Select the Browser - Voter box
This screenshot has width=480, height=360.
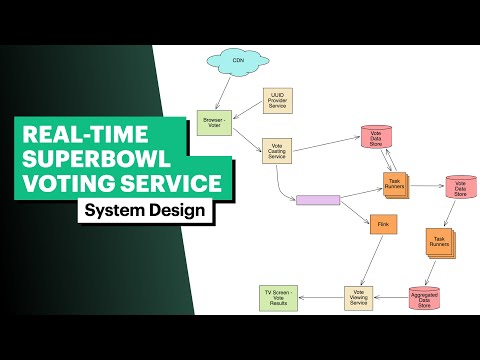coord(211,120)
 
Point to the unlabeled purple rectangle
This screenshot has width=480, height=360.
coord(318,200)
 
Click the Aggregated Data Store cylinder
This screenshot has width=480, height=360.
coord(424,297)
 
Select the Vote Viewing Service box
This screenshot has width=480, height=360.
coord(360,296)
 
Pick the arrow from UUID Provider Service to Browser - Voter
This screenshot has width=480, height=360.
coord(245,112)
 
